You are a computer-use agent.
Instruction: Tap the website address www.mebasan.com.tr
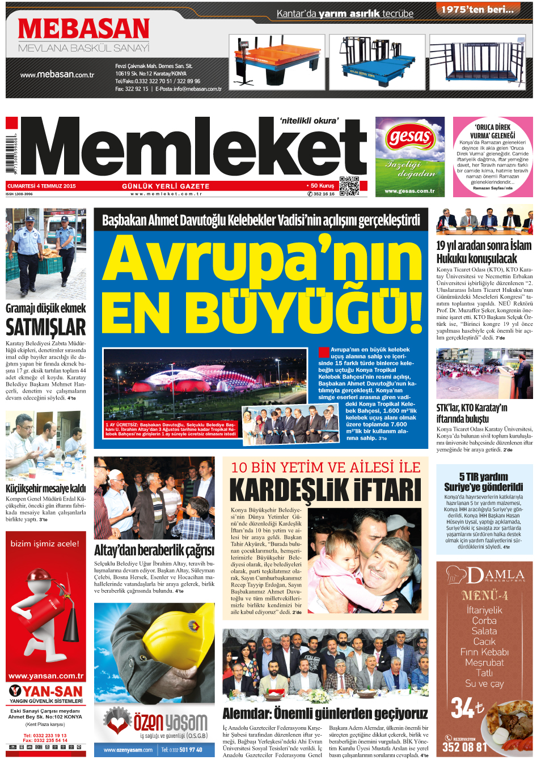(57, 74)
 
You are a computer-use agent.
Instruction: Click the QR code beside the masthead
(349, 186)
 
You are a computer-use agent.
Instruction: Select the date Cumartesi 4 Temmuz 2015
(41, 186)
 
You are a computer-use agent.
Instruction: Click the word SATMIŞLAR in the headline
(45, 328)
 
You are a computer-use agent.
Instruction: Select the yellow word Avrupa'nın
(261, 258)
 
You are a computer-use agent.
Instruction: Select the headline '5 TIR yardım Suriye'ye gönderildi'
(483, 482)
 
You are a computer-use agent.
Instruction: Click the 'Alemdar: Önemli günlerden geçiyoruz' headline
(325, 713)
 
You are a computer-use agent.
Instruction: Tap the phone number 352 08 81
(464, 748)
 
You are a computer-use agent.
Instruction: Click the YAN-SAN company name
(52, 691)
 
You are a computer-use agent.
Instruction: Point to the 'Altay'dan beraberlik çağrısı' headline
(154, 550)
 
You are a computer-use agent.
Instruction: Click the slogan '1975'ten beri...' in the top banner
(477, 10)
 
